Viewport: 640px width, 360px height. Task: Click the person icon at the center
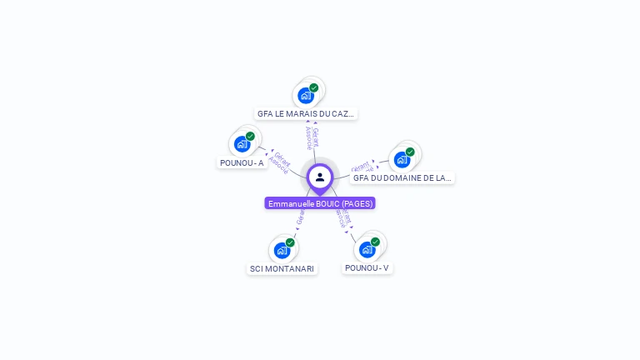click(320, 177)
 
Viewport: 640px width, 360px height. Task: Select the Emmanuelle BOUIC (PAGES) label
click(320, 203)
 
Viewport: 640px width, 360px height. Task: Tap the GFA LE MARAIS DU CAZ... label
click(306, 113)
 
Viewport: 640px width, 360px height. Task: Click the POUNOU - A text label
click(242, 162)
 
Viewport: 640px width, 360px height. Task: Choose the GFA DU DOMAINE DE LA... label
click(402, 177)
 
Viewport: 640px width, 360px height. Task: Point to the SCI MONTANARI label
click(282, 268)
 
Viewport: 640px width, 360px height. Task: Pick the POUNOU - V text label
click(367, 267)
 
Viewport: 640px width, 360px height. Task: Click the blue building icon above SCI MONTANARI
click(282, 250)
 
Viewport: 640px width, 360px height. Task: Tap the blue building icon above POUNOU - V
click(367, 249)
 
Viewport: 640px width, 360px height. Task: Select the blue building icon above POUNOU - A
click(242, 143)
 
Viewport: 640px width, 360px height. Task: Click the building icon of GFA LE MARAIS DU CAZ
click(306, 95)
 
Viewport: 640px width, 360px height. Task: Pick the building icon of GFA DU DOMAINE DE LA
click(402, 159)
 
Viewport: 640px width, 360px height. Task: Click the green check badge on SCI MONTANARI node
click(290, 242)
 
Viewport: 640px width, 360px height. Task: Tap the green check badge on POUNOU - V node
click(375, 242)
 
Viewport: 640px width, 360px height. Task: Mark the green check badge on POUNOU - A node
click(250, 136)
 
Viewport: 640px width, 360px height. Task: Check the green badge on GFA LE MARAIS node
click(314, 87)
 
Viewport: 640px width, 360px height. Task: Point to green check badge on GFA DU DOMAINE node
click(410, 152)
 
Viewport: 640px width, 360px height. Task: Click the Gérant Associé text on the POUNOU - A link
click(280, 162)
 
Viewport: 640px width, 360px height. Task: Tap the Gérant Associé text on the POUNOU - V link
click(343, 217)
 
